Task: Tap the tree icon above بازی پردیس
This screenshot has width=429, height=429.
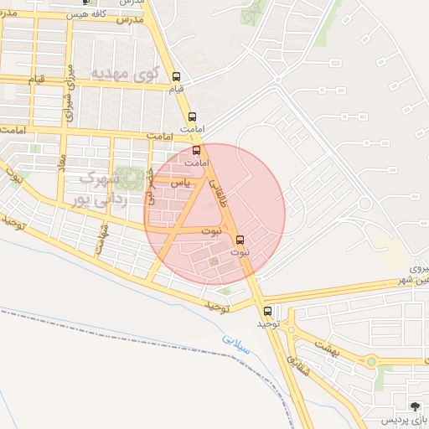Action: [x=416, y=406]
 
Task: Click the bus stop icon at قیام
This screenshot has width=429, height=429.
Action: [x=176, y=76]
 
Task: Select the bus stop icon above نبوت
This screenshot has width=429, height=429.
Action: [x=241, y=237]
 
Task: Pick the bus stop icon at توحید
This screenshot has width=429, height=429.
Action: [x=267, y=310]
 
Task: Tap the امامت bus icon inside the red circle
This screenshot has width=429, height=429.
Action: [x=197, y=151]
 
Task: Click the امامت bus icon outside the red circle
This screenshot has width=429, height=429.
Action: [x=193, y=116]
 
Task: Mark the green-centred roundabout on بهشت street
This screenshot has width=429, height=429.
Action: [x=371, y=361]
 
